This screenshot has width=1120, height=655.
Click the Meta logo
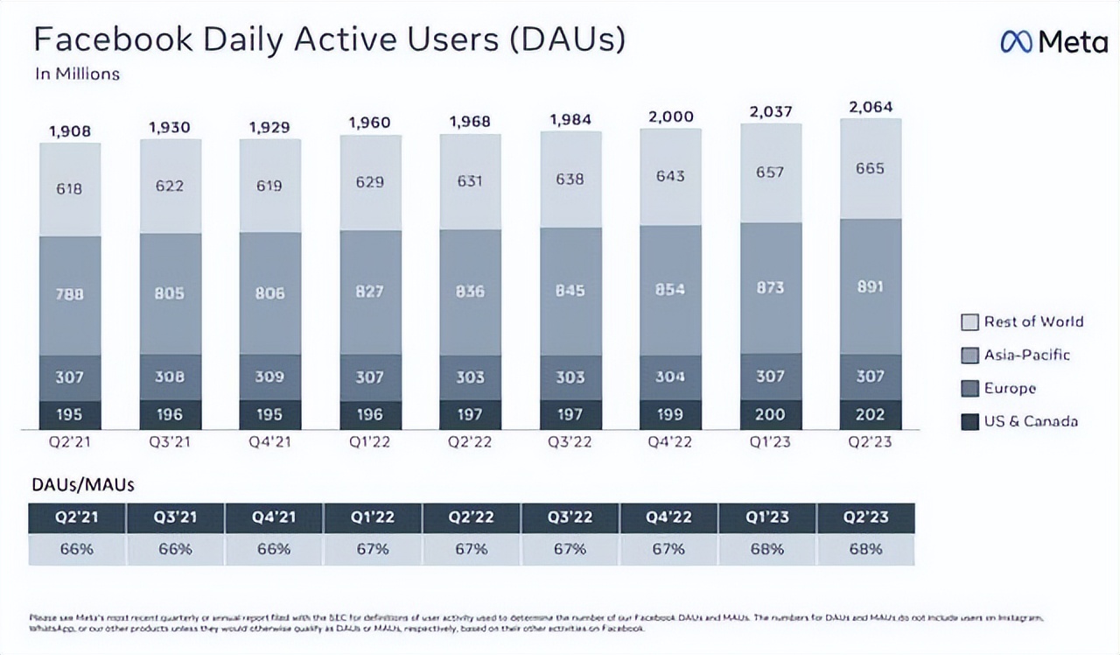(x=1053, y=42)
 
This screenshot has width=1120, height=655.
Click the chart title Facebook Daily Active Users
(x=329, y=40)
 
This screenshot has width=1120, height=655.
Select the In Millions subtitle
(x=77, y=74)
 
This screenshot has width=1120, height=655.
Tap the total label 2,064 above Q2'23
(x=871, y=108)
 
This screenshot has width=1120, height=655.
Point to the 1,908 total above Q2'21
(x=70, y=130)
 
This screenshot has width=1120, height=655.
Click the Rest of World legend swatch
(x=969, y=322)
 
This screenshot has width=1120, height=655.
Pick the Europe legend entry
(x=1009, y=388)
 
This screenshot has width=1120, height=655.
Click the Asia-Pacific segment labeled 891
(x=871, y=286)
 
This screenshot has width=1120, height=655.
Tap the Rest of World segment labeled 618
(x=70, y=188)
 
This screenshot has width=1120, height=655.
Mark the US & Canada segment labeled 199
(x=670, y=414)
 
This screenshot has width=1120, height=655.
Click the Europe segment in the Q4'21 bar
(x=270, y=377)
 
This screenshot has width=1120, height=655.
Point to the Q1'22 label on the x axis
(x=370, y=441)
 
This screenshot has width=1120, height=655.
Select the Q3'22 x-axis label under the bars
(x=570, y=441)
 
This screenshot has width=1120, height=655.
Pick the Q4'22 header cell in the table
(x=668, y=518)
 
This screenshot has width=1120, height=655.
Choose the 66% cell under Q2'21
(x=77, y=550)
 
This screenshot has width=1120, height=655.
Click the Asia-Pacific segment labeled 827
(x=370, y=292)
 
